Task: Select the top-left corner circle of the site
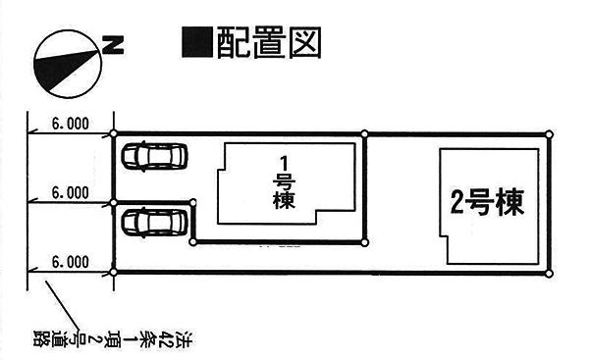[114, 133]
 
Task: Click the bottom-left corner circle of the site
[114, 272]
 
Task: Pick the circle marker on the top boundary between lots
[364, 134]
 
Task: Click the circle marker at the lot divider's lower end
[364, 243]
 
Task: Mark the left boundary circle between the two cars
[114, 203]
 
